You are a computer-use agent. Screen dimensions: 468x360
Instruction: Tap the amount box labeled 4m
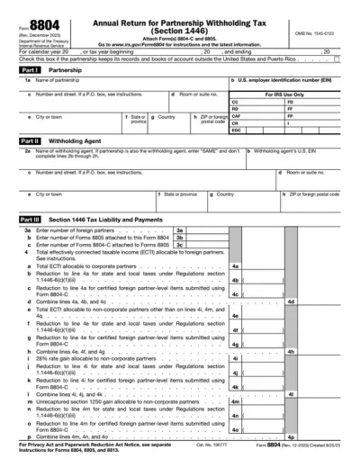261,401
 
